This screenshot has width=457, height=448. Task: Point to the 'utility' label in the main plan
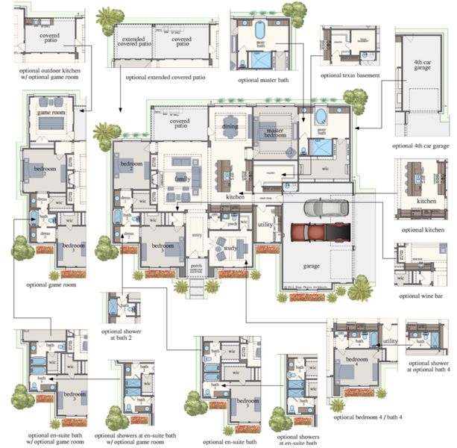(x=265, y=224)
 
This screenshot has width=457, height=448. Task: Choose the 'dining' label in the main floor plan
(x=230, y=127)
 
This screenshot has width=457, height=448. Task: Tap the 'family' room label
(x=183, y=179)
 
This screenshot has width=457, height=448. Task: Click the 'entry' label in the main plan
(x=198, y=235)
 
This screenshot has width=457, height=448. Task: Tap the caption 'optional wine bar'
(x=421, y=296)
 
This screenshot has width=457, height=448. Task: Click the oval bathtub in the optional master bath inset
(x=260, y=31)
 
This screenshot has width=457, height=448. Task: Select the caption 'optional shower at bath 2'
(x=122, y=334)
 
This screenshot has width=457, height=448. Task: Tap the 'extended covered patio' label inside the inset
(x=134, y=41)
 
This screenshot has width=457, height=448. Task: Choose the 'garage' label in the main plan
(x=312, y=264)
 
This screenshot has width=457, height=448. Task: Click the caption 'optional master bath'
(x=264, y=79)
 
